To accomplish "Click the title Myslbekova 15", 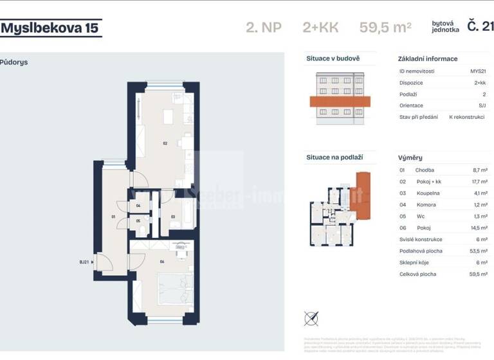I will tap(51, 28).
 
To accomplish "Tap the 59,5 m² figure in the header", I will tap(385, 27).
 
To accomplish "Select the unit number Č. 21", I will tap(480, 26).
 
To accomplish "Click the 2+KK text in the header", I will tap(320, 27).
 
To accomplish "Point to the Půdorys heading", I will tap(14, 62).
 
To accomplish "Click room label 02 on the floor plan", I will tap(165, 143).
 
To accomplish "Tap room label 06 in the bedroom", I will tap(163, 262).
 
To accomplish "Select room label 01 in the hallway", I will tap(113, 217).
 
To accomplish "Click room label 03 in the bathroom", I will tap(173, 217).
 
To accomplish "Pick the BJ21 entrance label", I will tap(84, 262).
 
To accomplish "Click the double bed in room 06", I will tap(175, 289).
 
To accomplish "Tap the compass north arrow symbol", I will tap(311, 318).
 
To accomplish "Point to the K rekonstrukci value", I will tap(467, 117).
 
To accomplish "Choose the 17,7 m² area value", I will tap(479, 181).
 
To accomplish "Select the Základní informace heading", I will tap(428, 59).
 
